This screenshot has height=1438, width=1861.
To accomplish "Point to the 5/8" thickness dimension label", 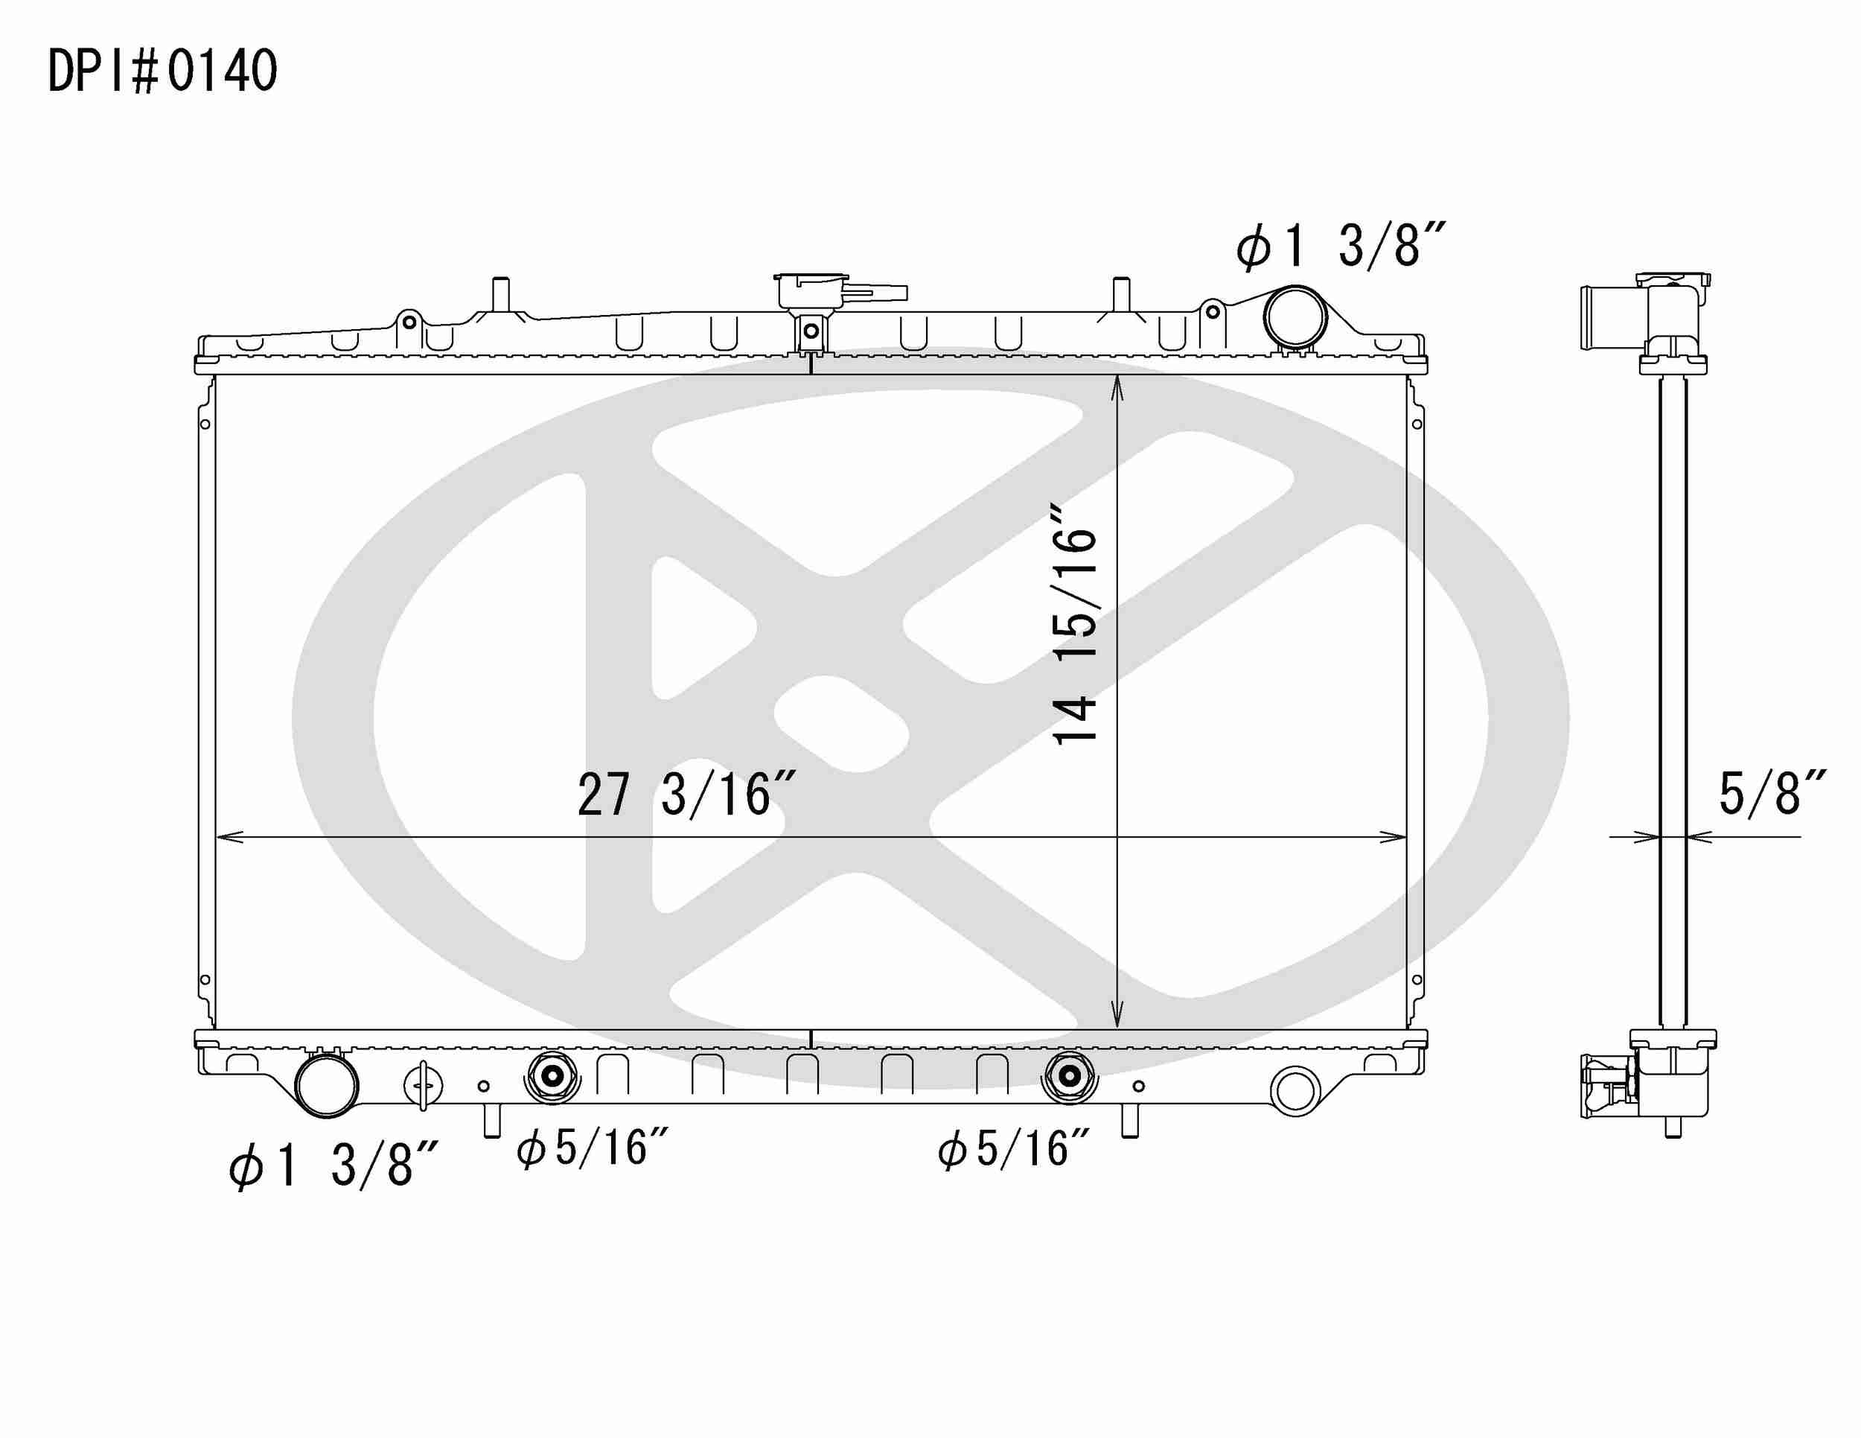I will [1771, 793].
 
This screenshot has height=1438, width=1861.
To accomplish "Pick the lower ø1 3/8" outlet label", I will [333, 1165].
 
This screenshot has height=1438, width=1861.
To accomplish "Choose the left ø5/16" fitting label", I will [593, 1148].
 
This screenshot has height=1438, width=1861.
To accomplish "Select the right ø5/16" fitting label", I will [1014, 1149].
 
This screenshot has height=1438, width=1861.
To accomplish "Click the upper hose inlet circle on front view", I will [1295, 316].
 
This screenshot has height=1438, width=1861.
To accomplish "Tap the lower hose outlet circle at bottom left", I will [325, 1085].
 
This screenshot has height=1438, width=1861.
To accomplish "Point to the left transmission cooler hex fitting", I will [552, 1078].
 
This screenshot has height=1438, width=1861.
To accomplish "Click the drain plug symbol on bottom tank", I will [423, 1087].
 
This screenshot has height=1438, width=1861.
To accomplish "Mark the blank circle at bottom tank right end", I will [1295, 1090].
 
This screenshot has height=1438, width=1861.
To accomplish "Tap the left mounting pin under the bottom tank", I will [491, 1120].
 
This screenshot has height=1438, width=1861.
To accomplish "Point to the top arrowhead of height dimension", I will [1117, 388].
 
